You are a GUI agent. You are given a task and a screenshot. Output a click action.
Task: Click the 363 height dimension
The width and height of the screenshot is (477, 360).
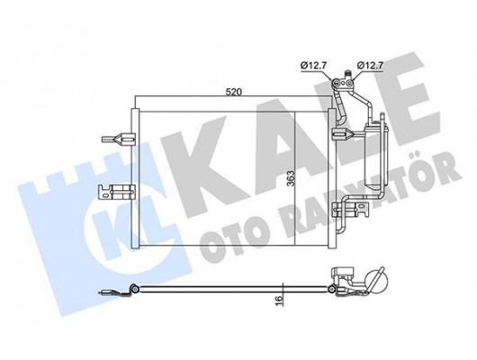point(291,178)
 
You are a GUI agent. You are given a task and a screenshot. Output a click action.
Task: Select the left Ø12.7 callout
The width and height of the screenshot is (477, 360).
point(311,64)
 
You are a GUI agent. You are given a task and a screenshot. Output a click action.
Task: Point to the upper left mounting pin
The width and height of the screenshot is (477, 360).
point(112,139)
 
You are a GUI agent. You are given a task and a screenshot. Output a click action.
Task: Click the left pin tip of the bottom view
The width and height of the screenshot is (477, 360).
point(102,291)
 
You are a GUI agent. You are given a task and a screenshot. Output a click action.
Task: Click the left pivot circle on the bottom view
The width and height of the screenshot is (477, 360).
point(134,289)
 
